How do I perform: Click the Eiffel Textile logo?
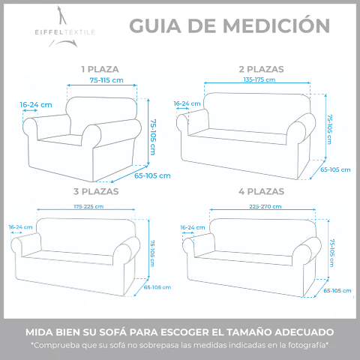(x=64, y=27)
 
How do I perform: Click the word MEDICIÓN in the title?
(x=276, y=25)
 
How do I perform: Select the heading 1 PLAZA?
(x=100, y=69)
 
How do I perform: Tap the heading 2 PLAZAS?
(x=261, y=69)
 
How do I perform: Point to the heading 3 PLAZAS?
(x=96, y=191)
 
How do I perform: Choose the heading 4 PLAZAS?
(x=261, y=191)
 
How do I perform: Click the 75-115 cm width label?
(x=106, y=80)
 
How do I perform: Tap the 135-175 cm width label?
(x=259, y=79)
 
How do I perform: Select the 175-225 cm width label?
(x=88, y=206)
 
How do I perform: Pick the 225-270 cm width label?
(x=265, y=206)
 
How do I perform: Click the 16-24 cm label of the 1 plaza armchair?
(x=36, y=105)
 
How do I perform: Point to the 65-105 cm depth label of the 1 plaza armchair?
(x=152, y=175)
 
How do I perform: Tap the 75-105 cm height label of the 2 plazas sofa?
(x=330, y=129)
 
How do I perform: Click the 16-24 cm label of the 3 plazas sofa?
(x=20, y=227)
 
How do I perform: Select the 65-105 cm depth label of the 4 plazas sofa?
(x=337, y=291)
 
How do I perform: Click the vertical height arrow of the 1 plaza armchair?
(x=148, y=132)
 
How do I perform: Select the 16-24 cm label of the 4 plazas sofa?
(x=193, y=227)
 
